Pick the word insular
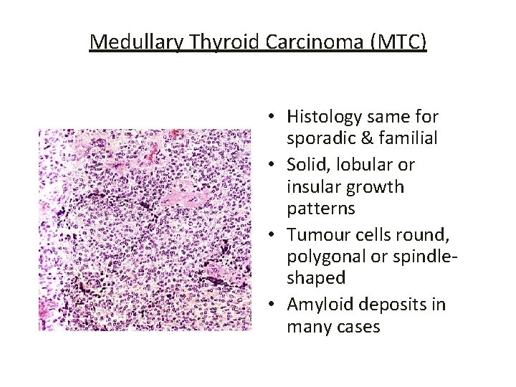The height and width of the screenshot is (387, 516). tap(314, 188)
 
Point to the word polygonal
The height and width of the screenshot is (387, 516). tap(324, 256)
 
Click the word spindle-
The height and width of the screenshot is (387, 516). tap(423, 256)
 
